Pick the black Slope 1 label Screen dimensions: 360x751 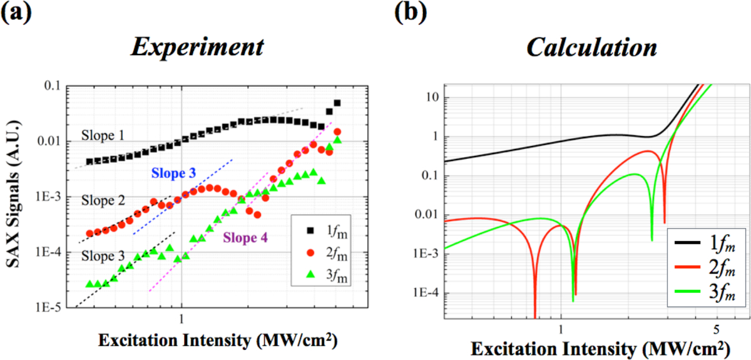point(103,135)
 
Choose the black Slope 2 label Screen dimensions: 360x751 point(103,201)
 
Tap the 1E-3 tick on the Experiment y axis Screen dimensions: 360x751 point(53,197)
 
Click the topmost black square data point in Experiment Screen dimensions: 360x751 point(337,103)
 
